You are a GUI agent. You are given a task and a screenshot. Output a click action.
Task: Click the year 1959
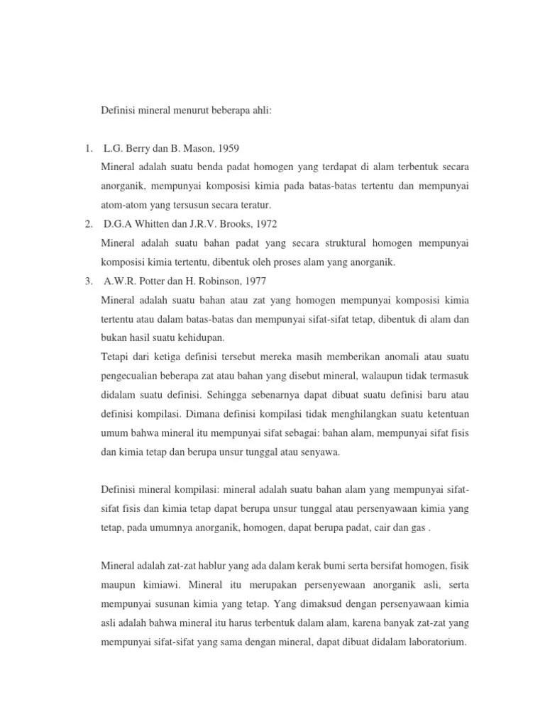(227, 148)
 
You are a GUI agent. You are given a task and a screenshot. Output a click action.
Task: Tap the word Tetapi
(116, 357)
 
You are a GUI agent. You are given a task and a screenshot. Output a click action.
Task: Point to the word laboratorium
(431, 643)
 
